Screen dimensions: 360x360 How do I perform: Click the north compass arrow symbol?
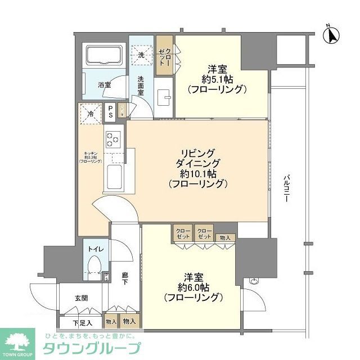332,35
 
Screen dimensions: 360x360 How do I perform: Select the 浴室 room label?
105,85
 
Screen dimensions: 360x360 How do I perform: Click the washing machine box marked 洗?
142,55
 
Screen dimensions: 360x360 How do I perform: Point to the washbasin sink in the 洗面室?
165,97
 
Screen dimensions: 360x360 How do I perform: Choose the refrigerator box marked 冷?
91,113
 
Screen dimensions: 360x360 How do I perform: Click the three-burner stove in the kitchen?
112,138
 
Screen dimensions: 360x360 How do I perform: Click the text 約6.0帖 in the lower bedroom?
192,286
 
